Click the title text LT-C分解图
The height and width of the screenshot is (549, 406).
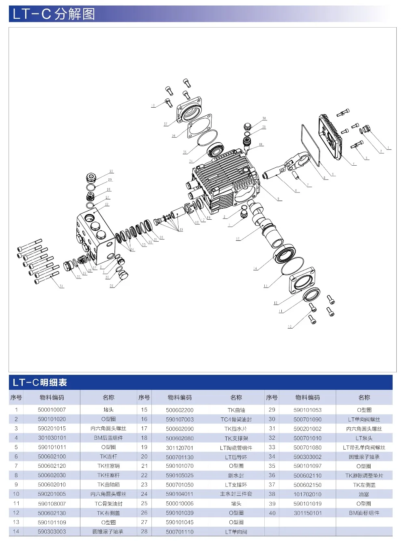tap(54, 14)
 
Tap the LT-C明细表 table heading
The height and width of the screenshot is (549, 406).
tap(40, 383)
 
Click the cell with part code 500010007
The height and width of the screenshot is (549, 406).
tap(52, 410)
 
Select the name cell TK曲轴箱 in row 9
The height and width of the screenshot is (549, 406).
tap(108, 485)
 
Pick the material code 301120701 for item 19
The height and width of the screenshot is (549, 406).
tap(179, 448)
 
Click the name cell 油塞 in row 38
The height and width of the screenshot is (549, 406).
tap(364, 495)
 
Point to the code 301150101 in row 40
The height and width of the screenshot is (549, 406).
tap(307, 513)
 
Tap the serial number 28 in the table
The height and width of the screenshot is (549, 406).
tap(144, 532)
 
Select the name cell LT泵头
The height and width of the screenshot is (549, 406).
tap(364, 439)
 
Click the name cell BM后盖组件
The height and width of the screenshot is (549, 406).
tap(108, 438)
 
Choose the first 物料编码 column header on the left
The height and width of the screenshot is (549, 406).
tap(52, 398)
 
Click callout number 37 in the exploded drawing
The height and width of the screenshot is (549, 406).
tap(166, 124)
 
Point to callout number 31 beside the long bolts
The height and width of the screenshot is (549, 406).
tap(61, 286)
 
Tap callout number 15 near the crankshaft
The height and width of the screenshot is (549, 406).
tap(238, 239)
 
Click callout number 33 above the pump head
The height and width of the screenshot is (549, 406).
tap(111, 171)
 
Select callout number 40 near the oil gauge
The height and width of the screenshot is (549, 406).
tap(261, 145)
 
